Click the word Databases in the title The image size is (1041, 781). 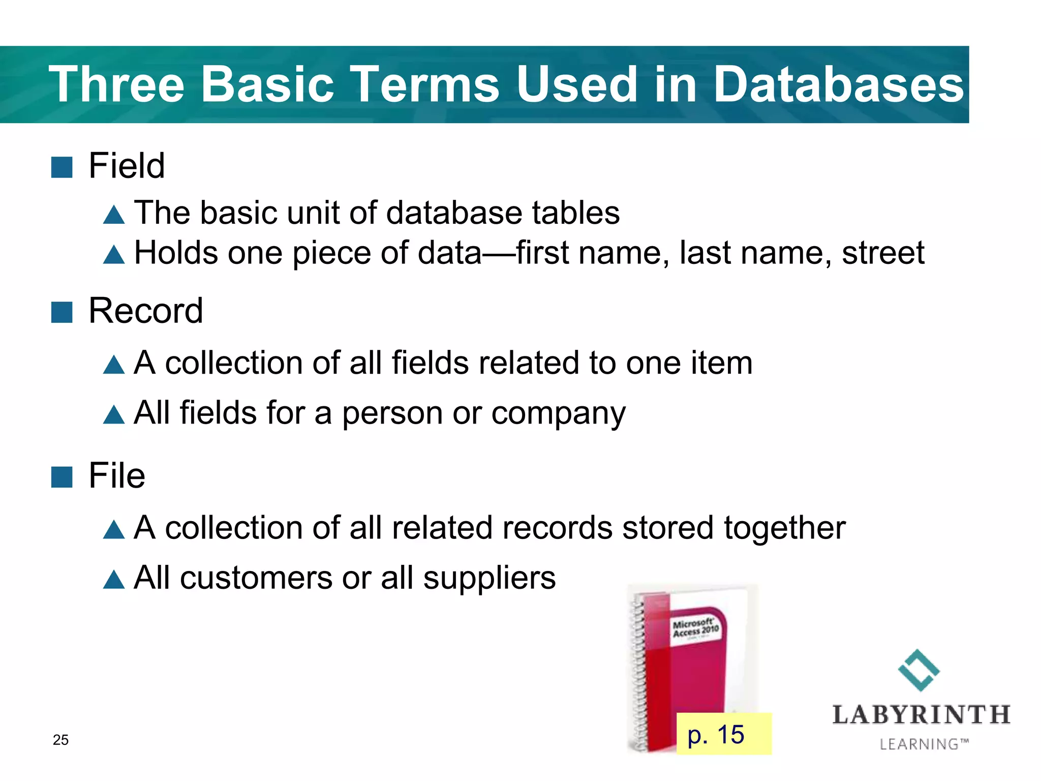pos(838,85)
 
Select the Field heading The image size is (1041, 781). pos(127,166)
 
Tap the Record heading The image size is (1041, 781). pos(145,311)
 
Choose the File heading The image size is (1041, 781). pos(116,476)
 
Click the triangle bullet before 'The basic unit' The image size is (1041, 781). pos(114,215)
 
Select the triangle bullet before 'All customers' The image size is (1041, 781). pos(114,579)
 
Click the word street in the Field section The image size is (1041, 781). pos(883,253)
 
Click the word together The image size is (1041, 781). pos(784,527)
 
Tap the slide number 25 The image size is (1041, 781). pos(60,740)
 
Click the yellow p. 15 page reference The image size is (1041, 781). pos(723,734)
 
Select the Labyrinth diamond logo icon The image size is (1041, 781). pos(919,670)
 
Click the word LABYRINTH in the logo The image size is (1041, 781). pos(921,714)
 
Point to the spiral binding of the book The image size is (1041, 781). pos(638,671)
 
